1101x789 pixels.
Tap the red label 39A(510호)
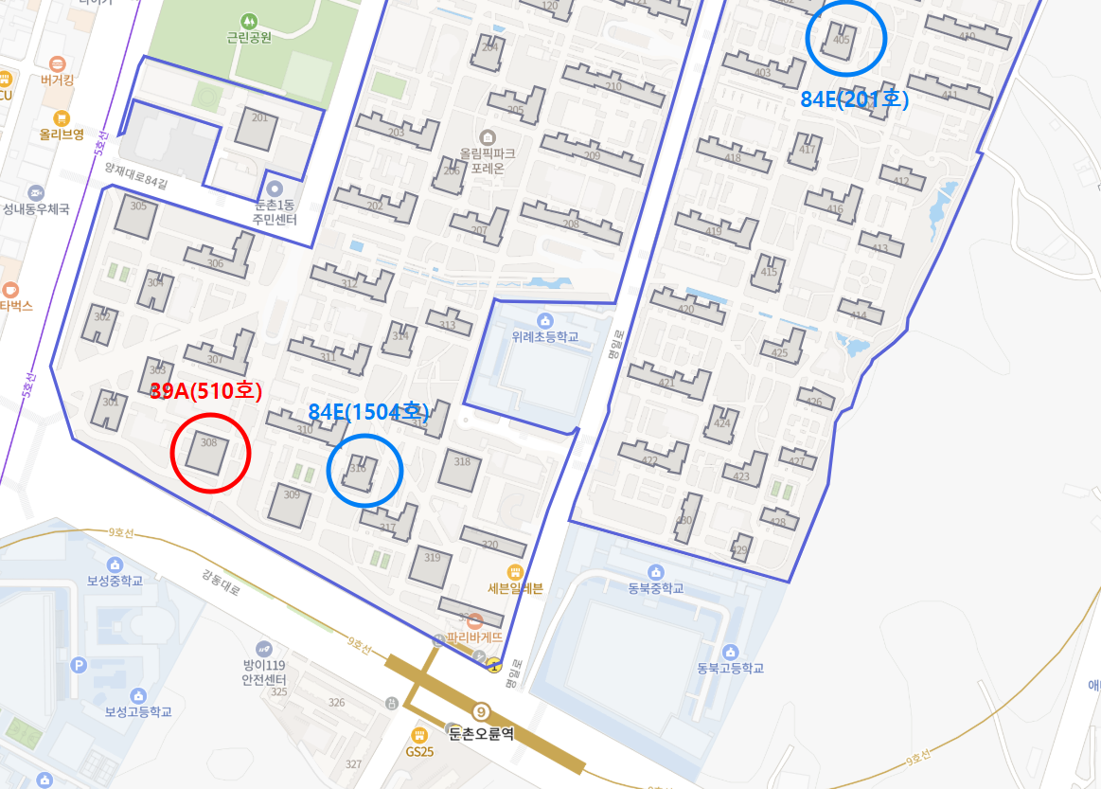(205, 392)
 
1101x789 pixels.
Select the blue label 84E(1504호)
(369, 412)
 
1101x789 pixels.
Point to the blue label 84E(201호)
(855, 99)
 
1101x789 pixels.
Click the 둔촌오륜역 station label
(480, 732)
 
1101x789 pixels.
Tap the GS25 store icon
(419, 735)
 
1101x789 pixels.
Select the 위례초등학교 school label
(544, 336)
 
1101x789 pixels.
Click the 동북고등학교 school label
(730, 668)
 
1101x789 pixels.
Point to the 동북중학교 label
(655, 587)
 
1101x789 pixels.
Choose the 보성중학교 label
(115, 581)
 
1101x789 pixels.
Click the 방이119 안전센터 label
(264, 672)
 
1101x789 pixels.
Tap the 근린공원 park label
(249, 38)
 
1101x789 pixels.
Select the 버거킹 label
(59, 81)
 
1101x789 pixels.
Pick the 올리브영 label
(62, 134)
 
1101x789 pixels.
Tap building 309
(289, 504)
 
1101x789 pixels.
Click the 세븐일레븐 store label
(515, 587)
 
